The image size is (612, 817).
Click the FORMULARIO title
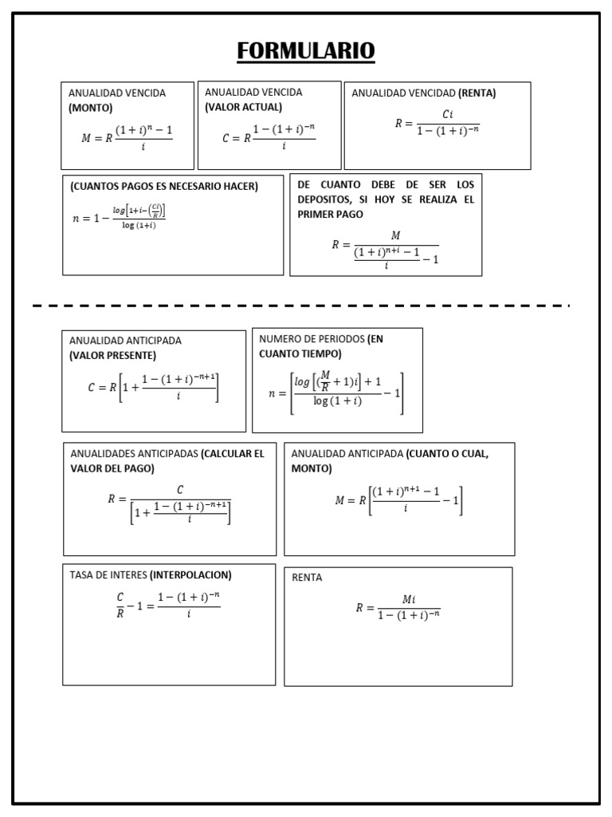point(306,50)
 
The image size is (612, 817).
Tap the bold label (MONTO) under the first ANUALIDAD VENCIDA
point(91,108)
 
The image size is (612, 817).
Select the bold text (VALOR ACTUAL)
point(244,107)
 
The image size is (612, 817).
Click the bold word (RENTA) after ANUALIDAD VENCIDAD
point(477,93)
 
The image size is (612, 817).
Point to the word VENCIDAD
point(430,93)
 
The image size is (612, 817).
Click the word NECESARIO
point(194,186)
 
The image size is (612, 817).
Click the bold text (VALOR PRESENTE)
point(112,355)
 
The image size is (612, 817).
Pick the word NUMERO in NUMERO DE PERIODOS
point(277,339)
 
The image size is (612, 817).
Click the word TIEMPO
point(320,353)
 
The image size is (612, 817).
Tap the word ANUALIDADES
point(103,454)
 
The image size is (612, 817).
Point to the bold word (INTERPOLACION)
point(190,574)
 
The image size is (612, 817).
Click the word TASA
point(80,574)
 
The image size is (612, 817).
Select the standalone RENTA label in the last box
point(307,578)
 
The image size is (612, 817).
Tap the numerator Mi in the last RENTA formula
point(409,599)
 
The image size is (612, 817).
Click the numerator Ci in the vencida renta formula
point(448,114)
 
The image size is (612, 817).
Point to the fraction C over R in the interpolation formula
point(120,605)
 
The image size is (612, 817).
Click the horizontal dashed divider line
point(300,306)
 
